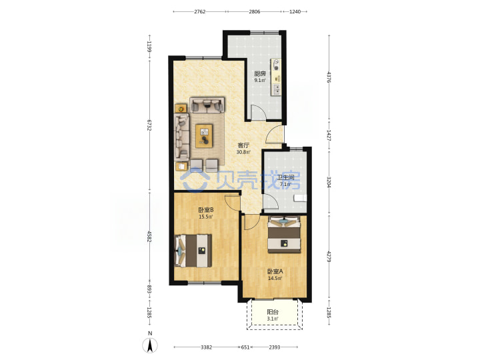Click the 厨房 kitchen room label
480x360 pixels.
(260, 73)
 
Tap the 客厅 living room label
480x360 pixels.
(243, 145)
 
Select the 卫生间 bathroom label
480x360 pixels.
(285, 177)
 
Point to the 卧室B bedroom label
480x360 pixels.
(206, 210)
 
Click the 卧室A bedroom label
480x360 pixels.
(275, 271)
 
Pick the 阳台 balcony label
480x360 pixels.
(273, 312)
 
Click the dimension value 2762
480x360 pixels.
(199, 11)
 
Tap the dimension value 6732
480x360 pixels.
(149, 125)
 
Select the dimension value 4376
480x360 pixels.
(329, 77)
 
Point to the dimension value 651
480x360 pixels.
(245, 347)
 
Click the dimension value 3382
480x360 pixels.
(206, 347)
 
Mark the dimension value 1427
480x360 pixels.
(329, 135)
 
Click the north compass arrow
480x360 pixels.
(150, 346)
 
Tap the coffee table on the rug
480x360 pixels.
(204, 135)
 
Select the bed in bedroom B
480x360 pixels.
(193, 251)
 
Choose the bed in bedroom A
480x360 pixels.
(284, 235)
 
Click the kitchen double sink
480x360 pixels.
(277, 89)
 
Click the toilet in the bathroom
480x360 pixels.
(300, 198)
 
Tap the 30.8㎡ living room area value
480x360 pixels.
(244, 152)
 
